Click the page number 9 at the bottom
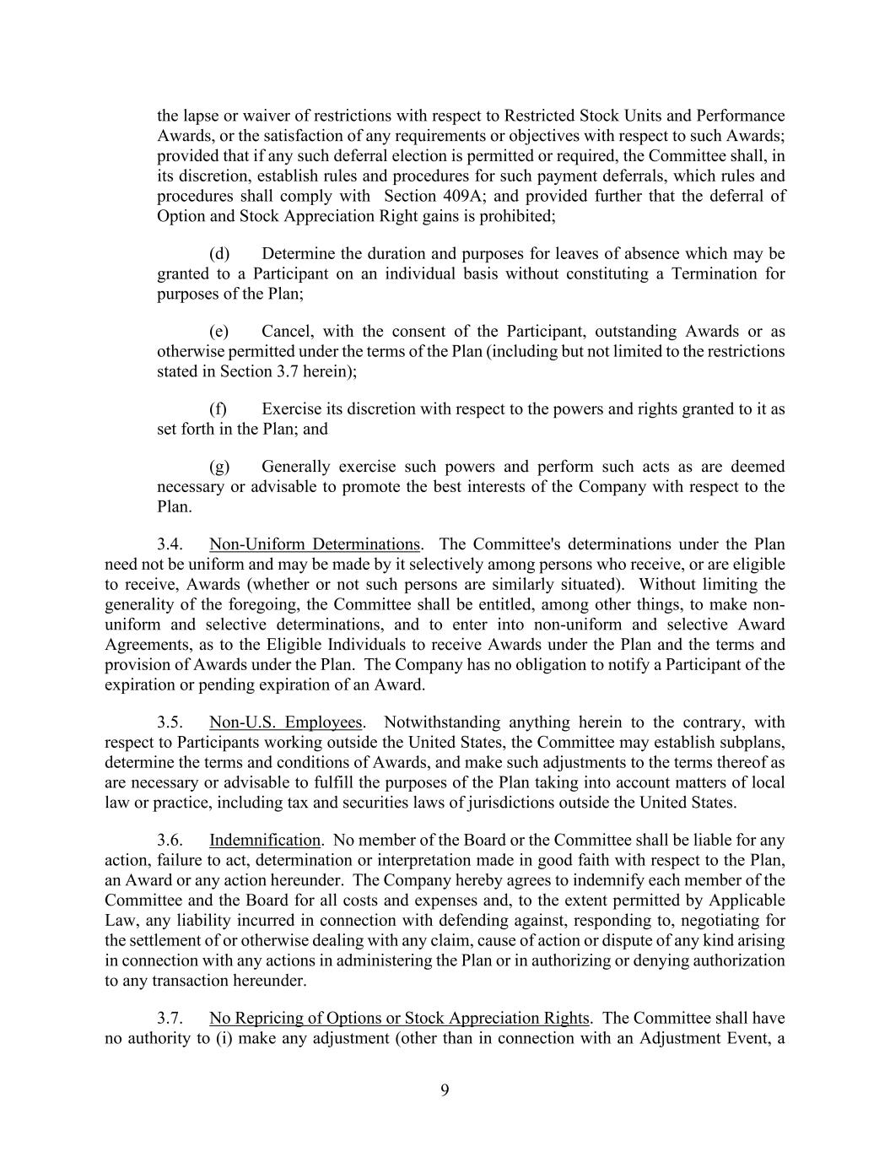445,1090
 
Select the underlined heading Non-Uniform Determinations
314,544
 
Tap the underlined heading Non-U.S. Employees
286,722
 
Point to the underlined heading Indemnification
265,840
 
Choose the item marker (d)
219,254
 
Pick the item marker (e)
219,332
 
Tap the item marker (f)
218,409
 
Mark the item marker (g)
219,467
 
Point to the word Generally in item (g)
295,467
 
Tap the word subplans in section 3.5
755,743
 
